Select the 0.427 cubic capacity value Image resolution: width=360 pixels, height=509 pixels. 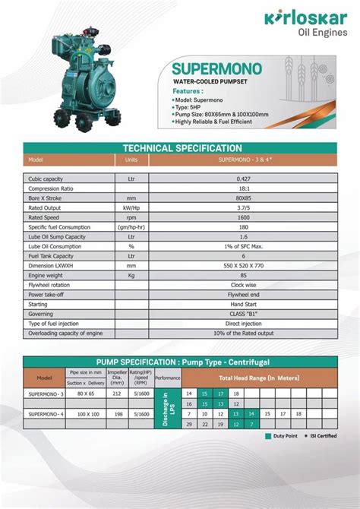[242, 179]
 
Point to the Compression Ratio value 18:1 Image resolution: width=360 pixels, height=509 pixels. [242, 188]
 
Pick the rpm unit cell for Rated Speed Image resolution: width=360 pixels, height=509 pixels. [131, 217]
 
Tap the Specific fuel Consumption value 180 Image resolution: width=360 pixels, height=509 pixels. [242, 227]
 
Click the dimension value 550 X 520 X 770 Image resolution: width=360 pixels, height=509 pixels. [242, 266]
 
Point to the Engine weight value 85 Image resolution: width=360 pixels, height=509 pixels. [242, 276]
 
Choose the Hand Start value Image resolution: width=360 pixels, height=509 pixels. [242, 305]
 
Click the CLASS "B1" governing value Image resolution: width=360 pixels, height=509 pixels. [242, 315]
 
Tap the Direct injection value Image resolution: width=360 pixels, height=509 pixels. [242, 324]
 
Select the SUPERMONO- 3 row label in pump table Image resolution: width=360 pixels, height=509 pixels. [46, 394]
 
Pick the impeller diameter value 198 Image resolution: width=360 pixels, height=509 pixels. [116, 413]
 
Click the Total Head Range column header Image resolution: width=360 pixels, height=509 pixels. [260, 378]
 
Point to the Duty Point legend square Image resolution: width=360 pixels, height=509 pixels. [268, 437]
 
